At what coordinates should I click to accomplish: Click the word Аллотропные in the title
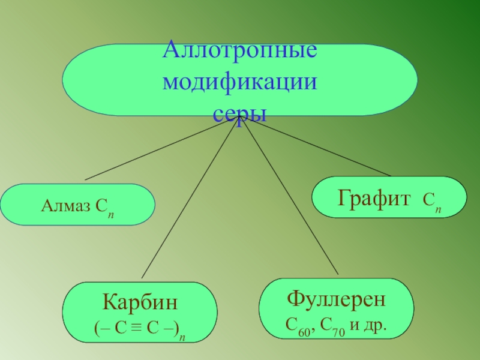240,49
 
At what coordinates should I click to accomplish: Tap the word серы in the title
240,113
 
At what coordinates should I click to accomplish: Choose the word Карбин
139,302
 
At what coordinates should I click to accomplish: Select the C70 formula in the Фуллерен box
331,328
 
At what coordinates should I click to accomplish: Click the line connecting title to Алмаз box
162,148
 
